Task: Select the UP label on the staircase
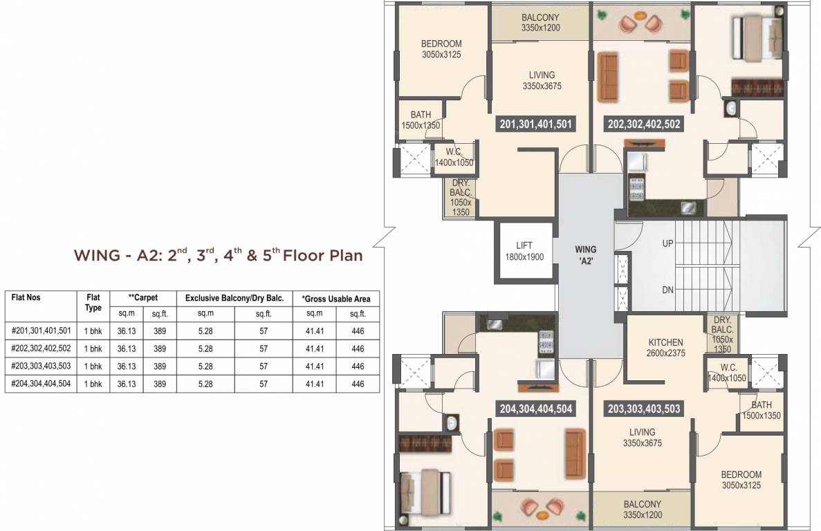tap(667, 243)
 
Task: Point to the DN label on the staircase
tap(667, 290)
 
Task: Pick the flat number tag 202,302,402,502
tap(644, 124)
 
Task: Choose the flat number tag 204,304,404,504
tap(536, 409)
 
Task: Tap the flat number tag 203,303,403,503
tap(643, 409)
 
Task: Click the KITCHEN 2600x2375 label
tap(666, 347)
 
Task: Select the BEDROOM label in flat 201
tap(441, 49)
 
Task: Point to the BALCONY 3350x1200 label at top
tap(541, 23)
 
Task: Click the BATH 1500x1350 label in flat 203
tap(761, 411)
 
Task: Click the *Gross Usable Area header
tap(336, 299)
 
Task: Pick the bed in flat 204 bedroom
tap(421, 485)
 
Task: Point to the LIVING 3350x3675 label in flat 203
tap(643, 438)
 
